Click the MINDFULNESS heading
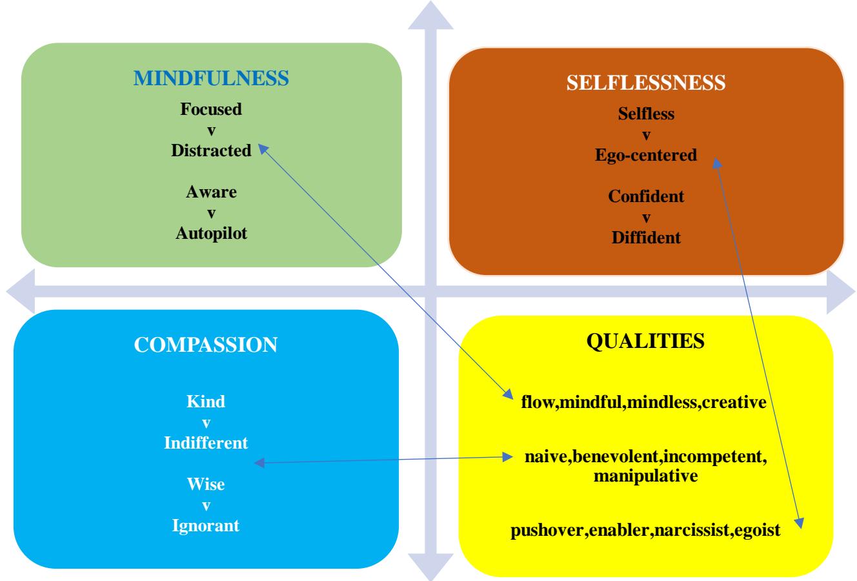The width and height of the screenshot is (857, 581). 211,79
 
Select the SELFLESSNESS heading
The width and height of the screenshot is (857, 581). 646,83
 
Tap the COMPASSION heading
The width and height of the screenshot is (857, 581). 206,344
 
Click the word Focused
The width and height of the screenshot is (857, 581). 211,109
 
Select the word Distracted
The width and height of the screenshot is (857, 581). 211,150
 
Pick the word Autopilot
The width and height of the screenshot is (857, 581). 211,233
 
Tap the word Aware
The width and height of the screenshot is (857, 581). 211,192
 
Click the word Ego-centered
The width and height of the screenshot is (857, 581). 646,155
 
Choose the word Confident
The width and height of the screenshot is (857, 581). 646,196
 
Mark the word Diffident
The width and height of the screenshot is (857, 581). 646,238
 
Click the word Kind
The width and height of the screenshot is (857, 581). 206,402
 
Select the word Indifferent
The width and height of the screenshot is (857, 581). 206,443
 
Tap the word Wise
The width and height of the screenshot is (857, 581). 206,484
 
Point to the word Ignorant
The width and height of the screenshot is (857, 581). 206,525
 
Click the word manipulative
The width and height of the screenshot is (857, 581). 645,476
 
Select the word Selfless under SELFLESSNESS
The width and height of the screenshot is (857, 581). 646,114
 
